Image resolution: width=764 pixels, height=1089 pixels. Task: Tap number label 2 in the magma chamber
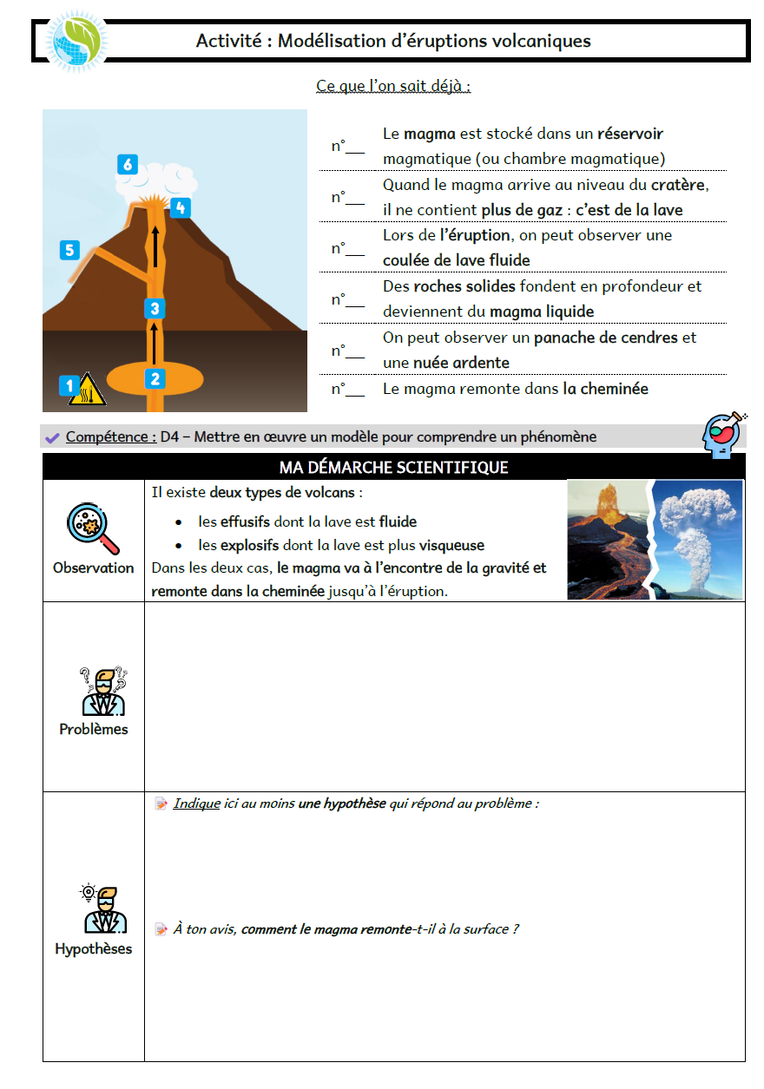(155, 378)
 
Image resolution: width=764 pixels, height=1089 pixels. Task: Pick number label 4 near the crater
(180, 207)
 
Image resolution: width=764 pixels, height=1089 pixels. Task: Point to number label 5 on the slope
(69, 251)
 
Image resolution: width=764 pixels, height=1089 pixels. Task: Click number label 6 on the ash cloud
(128, 164)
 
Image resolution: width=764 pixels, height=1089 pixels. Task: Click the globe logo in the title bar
(77, 41)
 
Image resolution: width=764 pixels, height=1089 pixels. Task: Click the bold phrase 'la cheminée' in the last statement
(605, 389)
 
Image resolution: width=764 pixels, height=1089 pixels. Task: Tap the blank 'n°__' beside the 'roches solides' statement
(347, 299)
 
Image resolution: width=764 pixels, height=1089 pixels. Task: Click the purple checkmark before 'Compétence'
(52, 437)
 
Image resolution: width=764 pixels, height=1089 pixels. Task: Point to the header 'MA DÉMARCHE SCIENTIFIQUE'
(393, 468)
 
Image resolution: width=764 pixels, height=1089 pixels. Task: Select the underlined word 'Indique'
(196, 804)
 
